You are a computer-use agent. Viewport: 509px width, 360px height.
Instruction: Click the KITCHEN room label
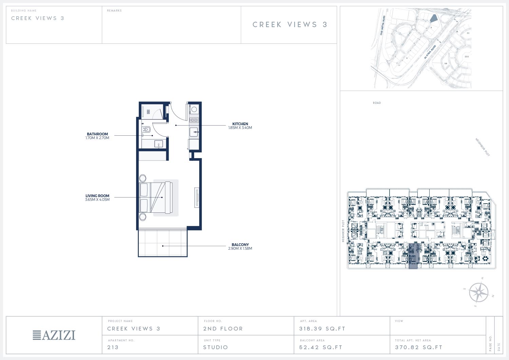pos(240,124)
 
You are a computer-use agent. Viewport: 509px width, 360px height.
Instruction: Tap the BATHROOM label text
pos(97,134)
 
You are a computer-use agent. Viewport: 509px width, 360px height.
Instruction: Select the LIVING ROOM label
pos(97,196)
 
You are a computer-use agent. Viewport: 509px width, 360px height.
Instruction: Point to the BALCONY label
pos(240,245)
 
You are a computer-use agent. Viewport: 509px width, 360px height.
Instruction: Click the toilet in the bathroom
pos(147,130)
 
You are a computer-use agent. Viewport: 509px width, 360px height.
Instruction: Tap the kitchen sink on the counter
pos(194,132)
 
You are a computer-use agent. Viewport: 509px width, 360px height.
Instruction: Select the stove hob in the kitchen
pos(194,120)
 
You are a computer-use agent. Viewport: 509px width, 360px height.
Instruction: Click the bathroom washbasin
pos(158,144)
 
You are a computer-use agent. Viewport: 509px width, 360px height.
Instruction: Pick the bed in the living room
pos(156,197)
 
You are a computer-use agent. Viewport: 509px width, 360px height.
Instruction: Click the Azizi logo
pos(54,335)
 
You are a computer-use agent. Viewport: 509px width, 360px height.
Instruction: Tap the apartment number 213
pos(113,347)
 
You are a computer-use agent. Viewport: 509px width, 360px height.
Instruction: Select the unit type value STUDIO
pos(215,347)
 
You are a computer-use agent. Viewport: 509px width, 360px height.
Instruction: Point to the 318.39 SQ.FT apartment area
pos(322,329)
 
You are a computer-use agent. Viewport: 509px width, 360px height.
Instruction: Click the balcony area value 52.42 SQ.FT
pos(321,347)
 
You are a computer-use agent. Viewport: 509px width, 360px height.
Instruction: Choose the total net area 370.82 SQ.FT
pos(419,347)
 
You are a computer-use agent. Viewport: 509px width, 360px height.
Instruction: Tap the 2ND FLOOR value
pos(223,329)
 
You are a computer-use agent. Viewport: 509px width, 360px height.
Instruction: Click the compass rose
pos(478,292)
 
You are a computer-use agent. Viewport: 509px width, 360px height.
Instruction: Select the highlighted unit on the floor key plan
pos(413,256)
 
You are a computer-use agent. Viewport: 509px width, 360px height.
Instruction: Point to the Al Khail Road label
pos(430,52)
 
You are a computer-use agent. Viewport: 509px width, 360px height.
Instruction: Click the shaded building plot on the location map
pos(434,18)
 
